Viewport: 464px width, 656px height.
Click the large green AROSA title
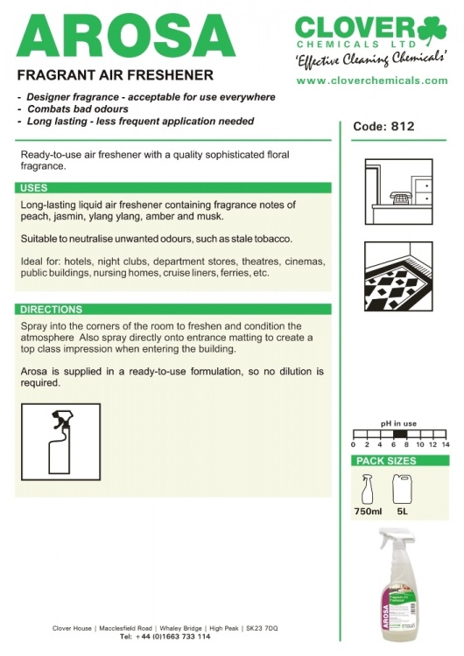pos(126,37)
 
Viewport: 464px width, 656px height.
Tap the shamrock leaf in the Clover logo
pos(432,30)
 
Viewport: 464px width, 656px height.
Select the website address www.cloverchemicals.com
pos(372,80)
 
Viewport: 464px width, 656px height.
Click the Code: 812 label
pos(383,126)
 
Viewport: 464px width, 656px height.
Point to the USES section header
pos(34,188)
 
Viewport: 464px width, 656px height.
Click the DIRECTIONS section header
pos(51,309)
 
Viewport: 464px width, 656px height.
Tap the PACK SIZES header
pos(386,461)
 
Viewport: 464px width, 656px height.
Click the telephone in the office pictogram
pos(399,198)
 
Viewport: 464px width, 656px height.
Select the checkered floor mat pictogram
pos(398,276)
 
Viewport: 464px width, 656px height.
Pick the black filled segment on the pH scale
pos(399,434)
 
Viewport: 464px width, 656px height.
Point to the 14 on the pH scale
pos(445,444)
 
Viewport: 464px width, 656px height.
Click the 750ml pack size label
pos(368,512)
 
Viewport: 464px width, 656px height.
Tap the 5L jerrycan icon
pos(400,489)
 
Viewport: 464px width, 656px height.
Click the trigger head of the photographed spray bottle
pos(395,538)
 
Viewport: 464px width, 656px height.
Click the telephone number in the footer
pos(165,637)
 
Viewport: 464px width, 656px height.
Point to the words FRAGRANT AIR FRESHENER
pos(116,75)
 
